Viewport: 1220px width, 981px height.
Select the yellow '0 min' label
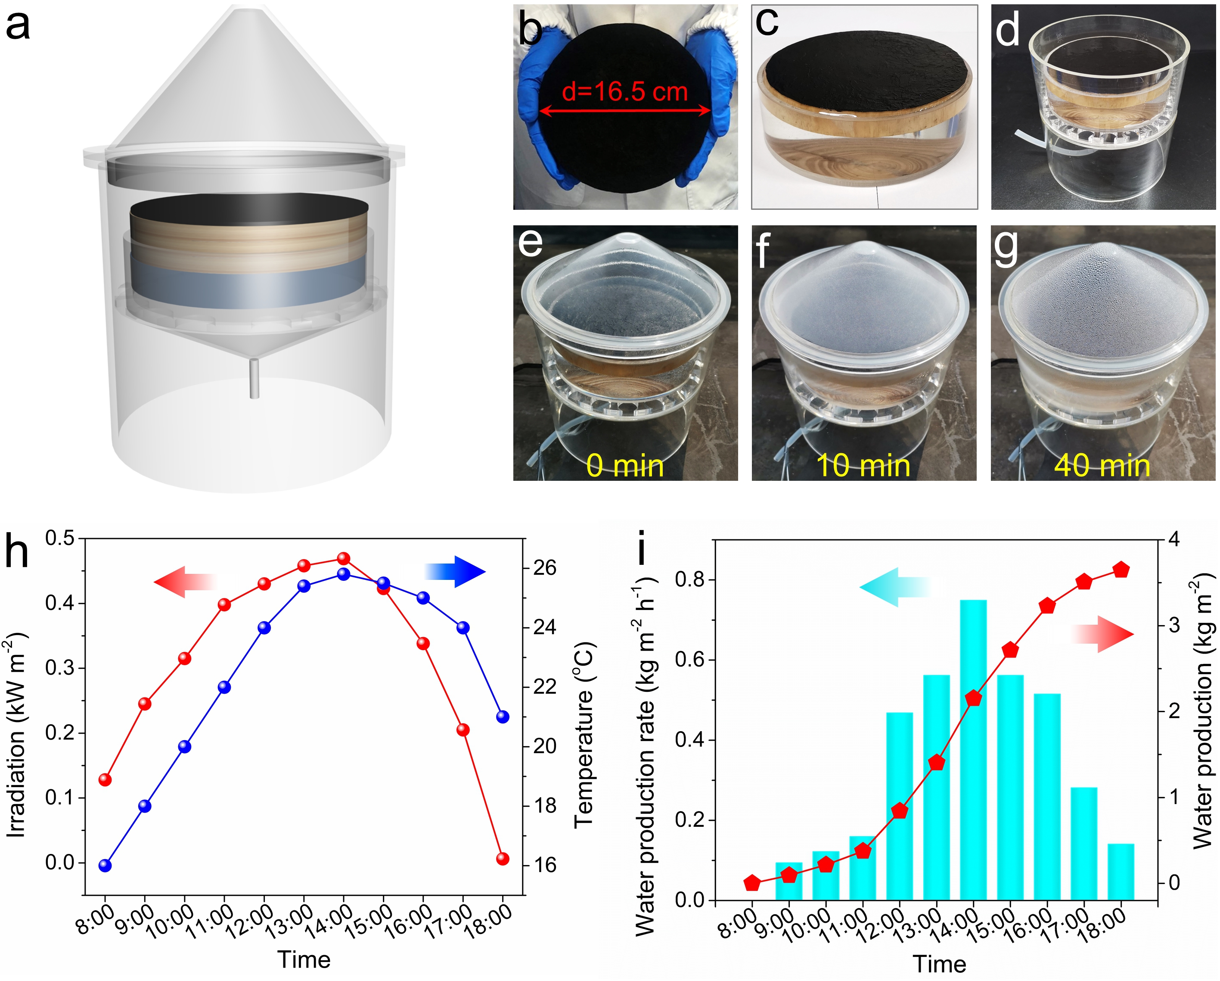coord(625,466)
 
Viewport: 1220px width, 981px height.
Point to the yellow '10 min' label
coord(863,466)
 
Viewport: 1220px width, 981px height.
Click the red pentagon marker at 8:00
coord(752,882)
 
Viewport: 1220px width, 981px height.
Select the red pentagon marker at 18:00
coord(1121,570)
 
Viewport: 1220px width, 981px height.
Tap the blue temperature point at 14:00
coord(344,574)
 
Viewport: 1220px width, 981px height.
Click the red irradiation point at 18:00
coord(503,859)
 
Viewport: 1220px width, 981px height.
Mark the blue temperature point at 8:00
coord(105,865)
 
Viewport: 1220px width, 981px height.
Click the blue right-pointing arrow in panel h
coord(456,571)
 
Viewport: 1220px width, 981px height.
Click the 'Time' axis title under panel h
coord(304,959)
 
